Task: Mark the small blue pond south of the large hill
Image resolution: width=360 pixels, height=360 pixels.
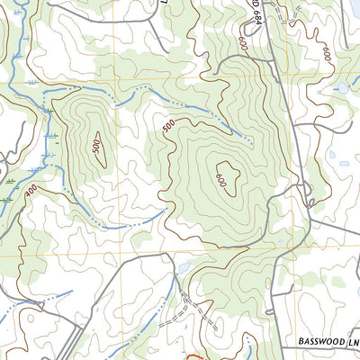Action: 183,268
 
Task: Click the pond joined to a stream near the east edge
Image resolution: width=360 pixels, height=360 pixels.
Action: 340,88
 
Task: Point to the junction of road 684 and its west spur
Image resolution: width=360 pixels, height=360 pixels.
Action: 267,61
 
